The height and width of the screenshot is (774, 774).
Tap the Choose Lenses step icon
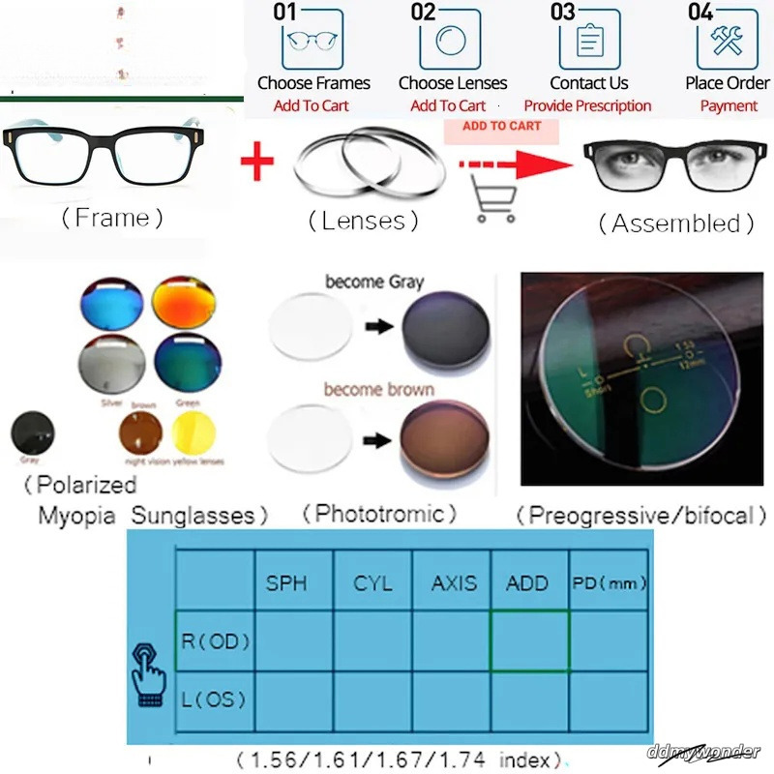tap(449, 39)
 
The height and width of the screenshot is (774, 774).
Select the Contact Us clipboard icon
tap(588, 39)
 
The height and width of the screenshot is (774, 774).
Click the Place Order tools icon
tap(727, 39)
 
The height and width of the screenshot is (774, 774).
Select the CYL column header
tap(372, 583)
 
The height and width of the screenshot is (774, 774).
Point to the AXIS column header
tap(454, 583)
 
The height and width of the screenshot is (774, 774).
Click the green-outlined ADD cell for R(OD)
tap(530, 640)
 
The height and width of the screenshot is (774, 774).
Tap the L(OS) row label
tap(214, 699)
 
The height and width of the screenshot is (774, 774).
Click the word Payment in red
tap(729, 106)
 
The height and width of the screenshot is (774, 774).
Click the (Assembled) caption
tap(675, 224)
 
